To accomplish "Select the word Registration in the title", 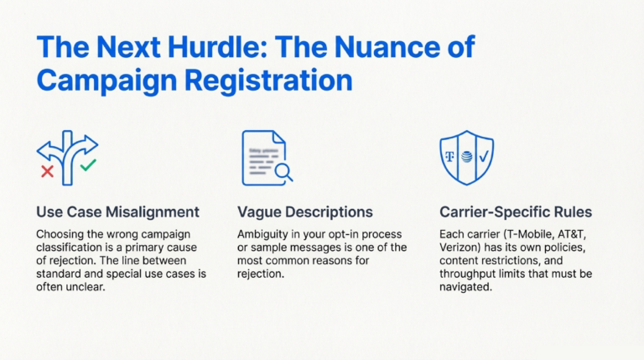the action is tap(268, 81).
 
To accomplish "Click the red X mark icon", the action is tap(47, 171).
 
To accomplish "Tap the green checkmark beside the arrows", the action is tap(88, 165).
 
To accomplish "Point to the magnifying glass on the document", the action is tap(283, 172).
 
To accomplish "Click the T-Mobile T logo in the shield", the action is tap(450, 157).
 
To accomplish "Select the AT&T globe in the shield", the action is tap(466, 157).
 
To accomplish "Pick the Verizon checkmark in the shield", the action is tap(484, 156).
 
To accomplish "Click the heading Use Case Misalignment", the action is tap(117, 212).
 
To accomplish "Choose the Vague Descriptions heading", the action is tap(304, 212).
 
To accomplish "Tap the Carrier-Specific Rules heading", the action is tap(516, 212).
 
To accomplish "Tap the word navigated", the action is tap(465, 287).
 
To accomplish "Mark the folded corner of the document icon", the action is tap(279, 138).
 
